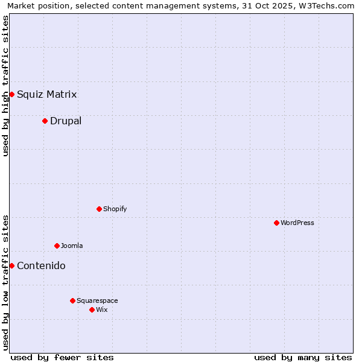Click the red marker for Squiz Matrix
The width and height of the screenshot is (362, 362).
(11, 94)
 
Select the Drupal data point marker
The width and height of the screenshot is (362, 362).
(45, 121)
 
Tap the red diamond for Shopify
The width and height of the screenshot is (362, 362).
(99, 209)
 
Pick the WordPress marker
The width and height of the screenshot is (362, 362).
(276, 223)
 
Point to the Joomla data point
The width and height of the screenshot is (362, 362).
(57, 246)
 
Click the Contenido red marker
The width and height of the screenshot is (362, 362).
(11, 265)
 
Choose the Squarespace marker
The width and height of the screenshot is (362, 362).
(72, 300)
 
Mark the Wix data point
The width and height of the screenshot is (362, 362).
(92, 310)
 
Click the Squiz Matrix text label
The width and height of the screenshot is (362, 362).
(47, 94)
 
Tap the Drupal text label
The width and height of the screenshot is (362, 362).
(66, 121)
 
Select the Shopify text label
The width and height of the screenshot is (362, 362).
(115, 209)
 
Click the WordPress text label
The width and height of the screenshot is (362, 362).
(297, 223)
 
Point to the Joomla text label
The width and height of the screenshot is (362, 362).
(72, 246)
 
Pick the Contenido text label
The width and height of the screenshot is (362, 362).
(41, 265)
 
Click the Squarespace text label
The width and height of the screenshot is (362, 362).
(97, 300)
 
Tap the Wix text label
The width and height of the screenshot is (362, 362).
(102, 310)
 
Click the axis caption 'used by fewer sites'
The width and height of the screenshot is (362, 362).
(62, 357)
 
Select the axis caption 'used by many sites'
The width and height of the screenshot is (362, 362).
(303, 357)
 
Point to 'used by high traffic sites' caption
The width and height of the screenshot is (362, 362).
(5, 86)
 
